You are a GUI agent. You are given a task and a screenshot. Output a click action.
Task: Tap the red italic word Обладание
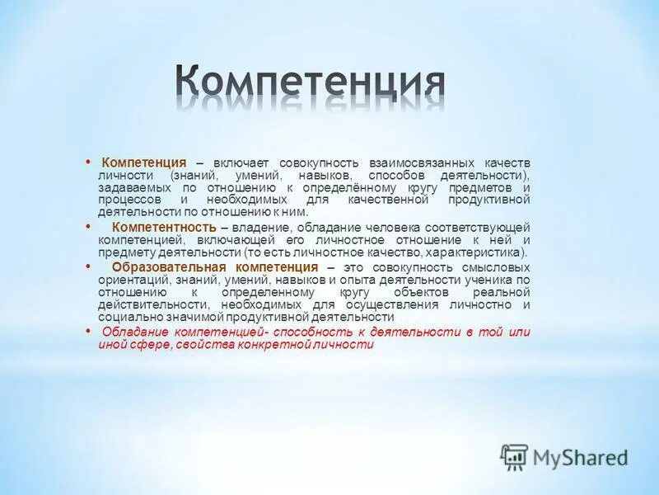point(135,332)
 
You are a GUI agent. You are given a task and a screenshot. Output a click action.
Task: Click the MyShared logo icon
point(514,455)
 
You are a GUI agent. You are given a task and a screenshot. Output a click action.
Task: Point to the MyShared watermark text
point(580,456)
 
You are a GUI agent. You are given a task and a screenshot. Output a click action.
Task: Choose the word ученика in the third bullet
point(489,280)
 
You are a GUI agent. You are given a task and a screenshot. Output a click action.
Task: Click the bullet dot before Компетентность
point(88,225)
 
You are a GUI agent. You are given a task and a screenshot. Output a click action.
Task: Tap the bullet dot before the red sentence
point(88,330)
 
